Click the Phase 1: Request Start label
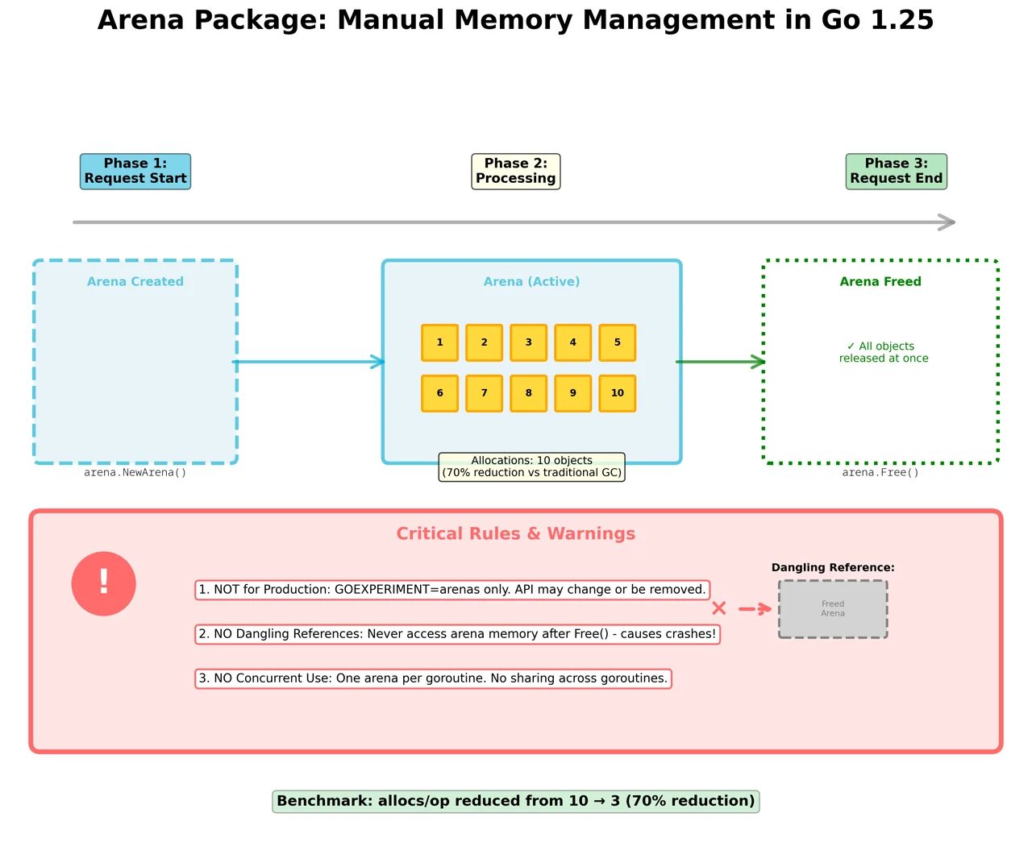tap(135, 172)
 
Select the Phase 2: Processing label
tap(516, 172)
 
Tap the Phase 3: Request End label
tap(896, 172)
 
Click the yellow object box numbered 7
tap(484, 393)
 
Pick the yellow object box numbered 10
tap(618, 393)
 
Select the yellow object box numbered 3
tap(529, 342)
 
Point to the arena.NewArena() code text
tap(135, 473)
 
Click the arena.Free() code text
tap(880, 473)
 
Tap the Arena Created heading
tap(135, 281)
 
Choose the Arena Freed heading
tap(880, 281)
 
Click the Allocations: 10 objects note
tap(531, 467)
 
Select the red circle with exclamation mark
tap(104, 583)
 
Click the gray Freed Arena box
tap(833, 609)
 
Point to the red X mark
tap(719, 608)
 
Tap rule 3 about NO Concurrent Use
tap(433, 678)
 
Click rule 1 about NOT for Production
tap(452, 590)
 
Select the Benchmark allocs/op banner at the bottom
tap(516, 801)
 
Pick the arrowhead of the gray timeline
tap(948, 222)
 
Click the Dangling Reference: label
tap(833, 567)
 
